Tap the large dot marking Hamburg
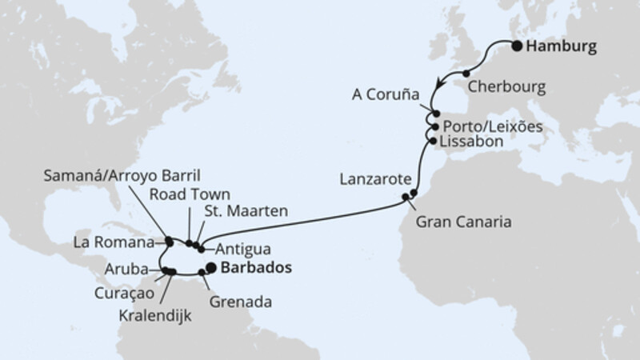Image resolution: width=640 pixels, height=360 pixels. (516, 46)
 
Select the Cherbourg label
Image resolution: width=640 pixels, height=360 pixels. (506, 82)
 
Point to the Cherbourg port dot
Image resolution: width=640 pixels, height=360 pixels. (466, 74)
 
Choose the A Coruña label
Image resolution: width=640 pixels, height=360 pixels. (386, 94)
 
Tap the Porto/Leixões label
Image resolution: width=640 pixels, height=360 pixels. (486, 126)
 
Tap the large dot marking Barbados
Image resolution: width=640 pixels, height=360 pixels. (211, 268)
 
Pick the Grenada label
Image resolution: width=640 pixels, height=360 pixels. (244, 303)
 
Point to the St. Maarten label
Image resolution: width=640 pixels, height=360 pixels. (245, 212)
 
